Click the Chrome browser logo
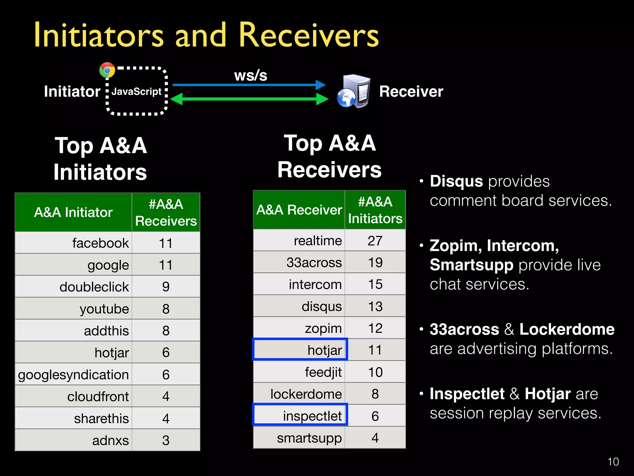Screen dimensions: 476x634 tap(107, 70)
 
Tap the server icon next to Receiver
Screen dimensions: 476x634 tap(354, 91)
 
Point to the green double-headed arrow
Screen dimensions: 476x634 tap(249, 99)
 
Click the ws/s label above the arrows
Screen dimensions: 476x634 tap(250, 75)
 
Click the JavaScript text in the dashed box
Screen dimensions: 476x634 tap(137, 91)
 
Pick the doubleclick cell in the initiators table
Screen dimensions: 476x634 tap(94, 287)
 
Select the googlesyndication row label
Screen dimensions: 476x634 tap(73, 374)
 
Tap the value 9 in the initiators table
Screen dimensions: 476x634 tap(166, 287)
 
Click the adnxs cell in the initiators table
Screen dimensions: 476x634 tap(110, 440)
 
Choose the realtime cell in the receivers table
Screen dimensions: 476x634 tap(318, 240)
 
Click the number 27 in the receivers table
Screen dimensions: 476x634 tap(375, 240)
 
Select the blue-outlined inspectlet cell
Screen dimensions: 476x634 tap(312, 416)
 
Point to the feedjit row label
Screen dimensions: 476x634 tap(323, 372)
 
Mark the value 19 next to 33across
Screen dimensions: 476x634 tap(375, 262)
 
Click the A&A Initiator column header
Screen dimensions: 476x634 tap(73, 212)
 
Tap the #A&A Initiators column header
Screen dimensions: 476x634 tap(375, 210)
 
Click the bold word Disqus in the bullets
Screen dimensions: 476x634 tap(456, 181)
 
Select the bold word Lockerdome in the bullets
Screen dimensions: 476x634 tap(567, 329)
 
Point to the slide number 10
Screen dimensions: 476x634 tap(613, 462)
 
